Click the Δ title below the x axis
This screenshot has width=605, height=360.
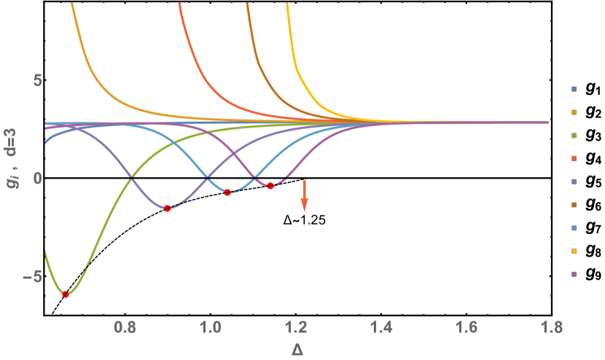tap(297, 350)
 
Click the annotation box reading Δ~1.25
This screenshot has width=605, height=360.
tap(304, 219)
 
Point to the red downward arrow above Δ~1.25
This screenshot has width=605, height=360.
tap(304, 195)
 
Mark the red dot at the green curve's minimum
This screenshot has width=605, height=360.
tap(66, 294)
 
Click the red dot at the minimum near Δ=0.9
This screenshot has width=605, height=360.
tap(168, 208)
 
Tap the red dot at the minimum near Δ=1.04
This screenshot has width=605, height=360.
tap(227, 192)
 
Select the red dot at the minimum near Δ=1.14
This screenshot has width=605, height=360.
tap(270, 186)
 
